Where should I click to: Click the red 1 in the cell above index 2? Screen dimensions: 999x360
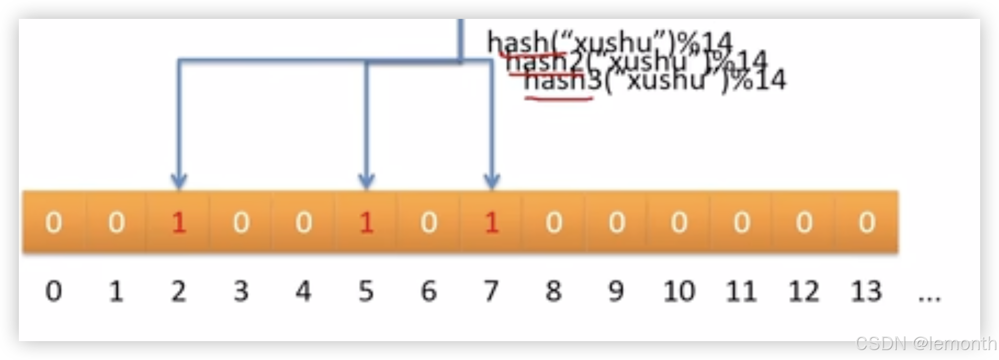179,223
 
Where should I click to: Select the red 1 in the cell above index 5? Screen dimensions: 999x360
366,223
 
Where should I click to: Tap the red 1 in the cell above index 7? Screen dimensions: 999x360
492,223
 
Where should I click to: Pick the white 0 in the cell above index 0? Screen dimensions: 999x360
54,223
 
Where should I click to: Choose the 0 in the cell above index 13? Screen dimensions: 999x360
867,223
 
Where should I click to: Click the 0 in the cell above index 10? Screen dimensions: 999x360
679,223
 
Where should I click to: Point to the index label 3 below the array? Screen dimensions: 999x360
241,291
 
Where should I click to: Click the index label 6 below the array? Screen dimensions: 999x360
429,291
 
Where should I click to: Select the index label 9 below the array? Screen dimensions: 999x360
616,291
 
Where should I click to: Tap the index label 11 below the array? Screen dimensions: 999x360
741,291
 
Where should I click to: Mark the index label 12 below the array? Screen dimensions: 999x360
804,291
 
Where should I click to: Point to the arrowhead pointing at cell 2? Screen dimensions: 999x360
179,181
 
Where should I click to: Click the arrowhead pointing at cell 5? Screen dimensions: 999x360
366,181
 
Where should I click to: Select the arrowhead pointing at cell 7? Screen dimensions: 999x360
492,181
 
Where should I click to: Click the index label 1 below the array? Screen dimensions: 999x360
116,291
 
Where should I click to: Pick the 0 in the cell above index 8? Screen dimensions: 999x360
554,223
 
